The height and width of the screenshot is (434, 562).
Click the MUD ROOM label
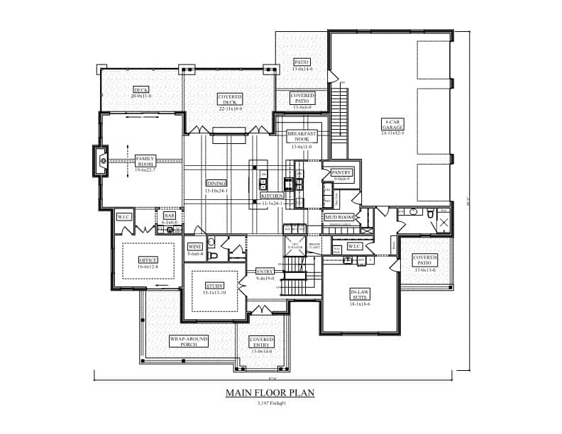[338, 217]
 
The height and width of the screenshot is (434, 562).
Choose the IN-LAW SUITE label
[360, 294]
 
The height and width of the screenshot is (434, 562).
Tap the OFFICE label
[148, 260]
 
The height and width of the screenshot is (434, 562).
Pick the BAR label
[170, 215]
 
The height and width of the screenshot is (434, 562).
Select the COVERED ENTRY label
[261, 343]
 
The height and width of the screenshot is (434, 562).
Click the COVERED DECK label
[231, 99]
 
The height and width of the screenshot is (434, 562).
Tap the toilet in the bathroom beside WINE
[211, 241]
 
